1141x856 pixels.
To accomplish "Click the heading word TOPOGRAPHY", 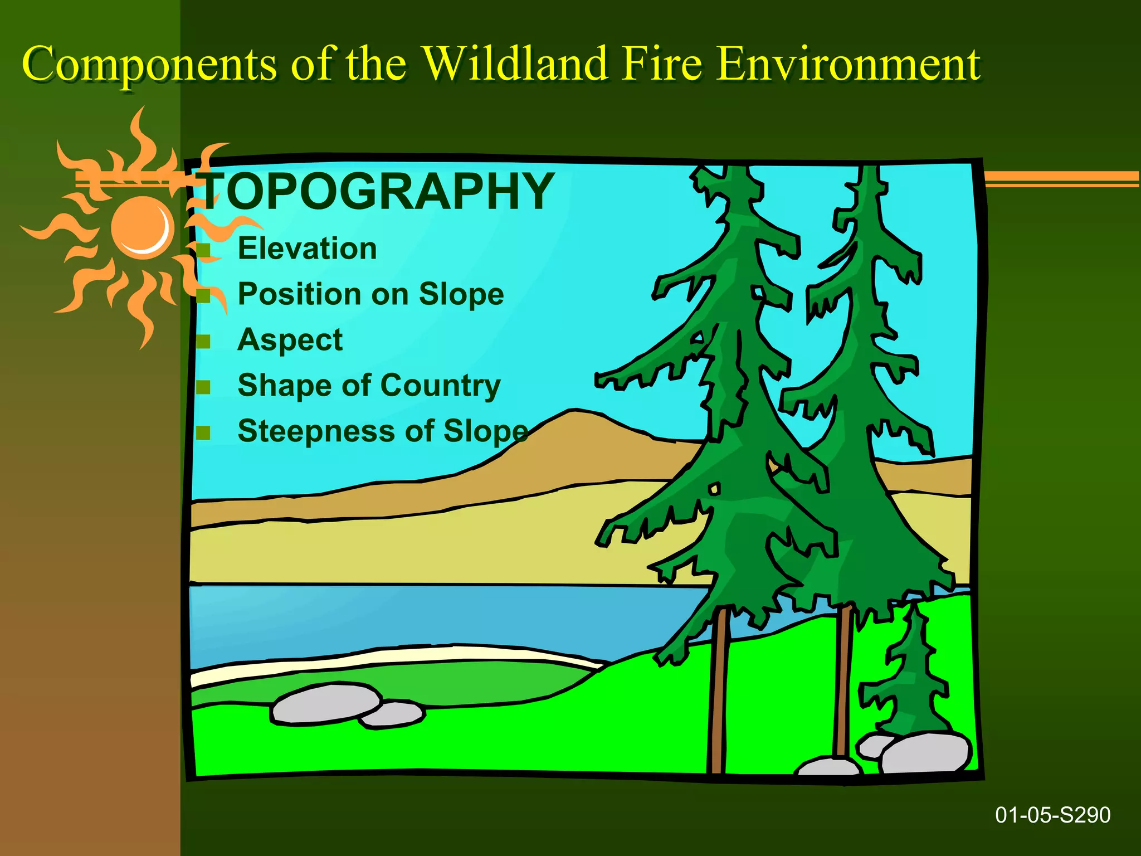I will (377, 191).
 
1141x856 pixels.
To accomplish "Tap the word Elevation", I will (307, 249).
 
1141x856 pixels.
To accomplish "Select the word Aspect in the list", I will (290, 340).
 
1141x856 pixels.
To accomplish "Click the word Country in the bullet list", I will (440, 386).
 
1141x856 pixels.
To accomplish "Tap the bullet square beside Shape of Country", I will (203, 387).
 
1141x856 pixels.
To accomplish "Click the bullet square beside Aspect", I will (203, 341).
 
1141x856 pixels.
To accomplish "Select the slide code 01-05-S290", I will (1052, 815).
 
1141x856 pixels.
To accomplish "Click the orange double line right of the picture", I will (1061, 178).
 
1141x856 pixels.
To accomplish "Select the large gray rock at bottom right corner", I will (925, 752).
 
